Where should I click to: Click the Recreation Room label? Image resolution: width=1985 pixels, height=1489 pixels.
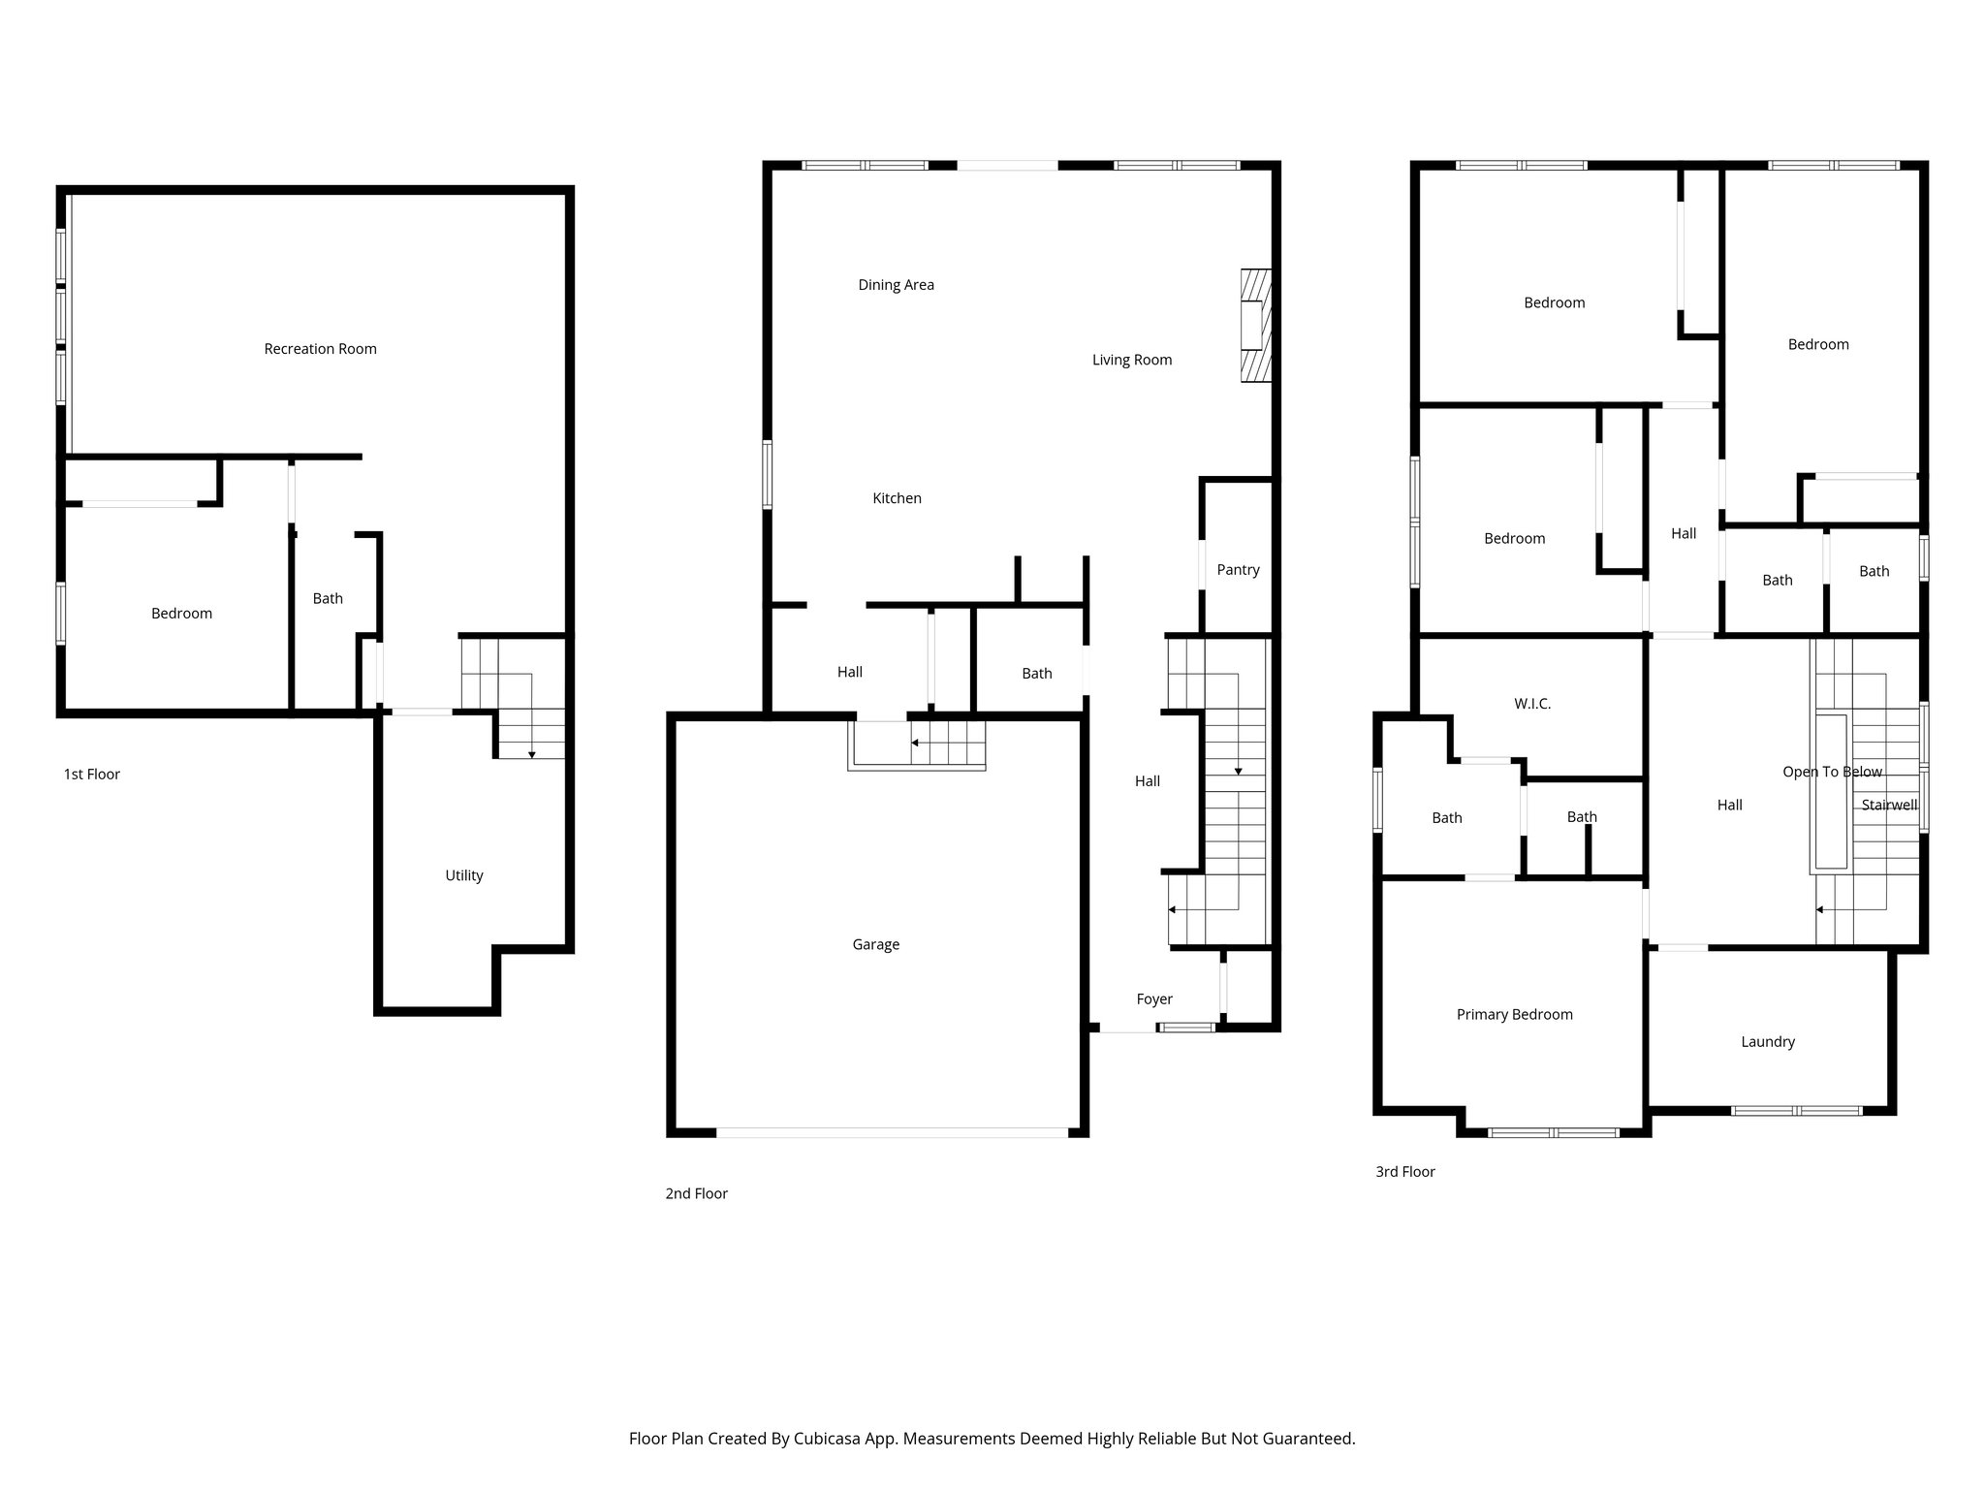click(320, 349)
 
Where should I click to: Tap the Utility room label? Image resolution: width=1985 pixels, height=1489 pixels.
click(463, 875)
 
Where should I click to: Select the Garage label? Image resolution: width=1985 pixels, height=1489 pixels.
click(875, 944)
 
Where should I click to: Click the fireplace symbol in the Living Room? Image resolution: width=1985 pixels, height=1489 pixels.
click(1255, 326)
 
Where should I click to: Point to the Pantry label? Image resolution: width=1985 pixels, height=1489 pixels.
click(1238, 570)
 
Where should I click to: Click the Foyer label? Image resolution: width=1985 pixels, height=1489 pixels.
click(1153, 999)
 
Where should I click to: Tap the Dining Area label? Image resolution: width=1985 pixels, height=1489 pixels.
click(896, 285)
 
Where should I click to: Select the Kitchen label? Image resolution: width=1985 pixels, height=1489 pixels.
click(897, 498)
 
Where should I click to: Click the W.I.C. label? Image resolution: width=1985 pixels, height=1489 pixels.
click(1531, 704)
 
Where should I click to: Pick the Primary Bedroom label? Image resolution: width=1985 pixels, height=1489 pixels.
click(1514, 1015)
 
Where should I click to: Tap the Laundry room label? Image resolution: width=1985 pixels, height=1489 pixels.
click(1767, 1042)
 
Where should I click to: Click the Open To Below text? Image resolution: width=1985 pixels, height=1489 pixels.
click(1832, 773)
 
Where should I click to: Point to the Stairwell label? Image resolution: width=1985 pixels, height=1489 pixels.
click(1889, 806)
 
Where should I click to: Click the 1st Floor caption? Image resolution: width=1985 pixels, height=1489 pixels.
click(92, 775)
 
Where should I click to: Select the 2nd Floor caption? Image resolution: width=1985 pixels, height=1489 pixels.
click(696, 1194)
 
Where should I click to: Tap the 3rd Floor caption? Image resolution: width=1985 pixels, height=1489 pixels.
click(1404, 1172)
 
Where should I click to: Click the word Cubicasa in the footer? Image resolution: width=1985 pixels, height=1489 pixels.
click(829, 1439)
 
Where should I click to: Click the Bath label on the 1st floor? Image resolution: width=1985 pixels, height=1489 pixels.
click(328, 599)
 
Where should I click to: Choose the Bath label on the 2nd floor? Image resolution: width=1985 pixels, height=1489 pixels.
click(1036, 674)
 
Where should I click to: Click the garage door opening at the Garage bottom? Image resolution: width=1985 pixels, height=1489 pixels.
click(892, 1132)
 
